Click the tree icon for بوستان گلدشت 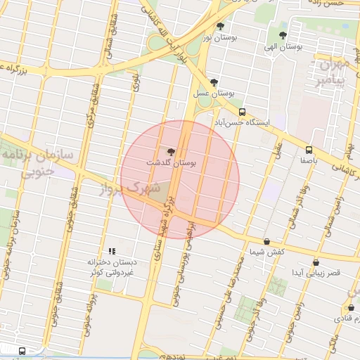(171, 150)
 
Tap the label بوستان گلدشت (171, 162)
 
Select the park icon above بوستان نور (221, 26)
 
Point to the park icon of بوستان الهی (283, 34)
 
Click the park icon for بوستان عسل (214, 82)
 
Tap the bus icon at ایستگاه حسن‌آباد (243, 112)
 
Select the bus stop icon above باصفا (309, 150)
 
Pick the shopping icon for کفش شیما (266, 241)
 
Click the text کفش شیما (266, 252)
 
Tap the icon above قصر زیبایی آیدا (316, 262)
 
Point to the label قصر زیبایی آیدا (315, 272)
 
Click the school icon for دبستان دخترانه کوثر (111, 251)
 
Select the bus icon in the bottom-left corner (22, 350)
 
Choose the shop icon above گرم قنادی (351, 308)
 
